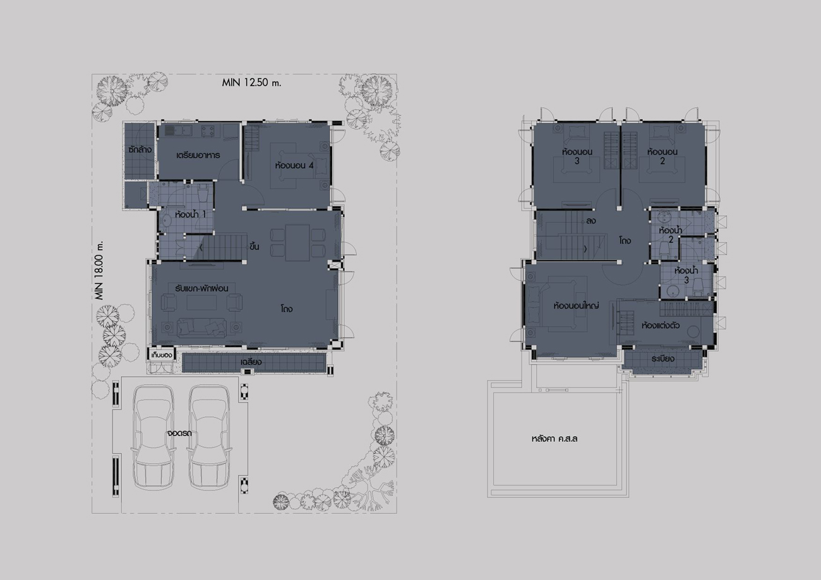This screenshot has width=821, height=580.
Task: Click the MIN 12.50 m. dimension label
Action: [251, 83]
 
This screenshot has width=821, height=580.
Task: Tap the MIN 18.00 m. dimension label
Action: [99, 270]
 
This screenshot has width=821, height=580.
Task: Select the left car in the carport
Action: [153, 437]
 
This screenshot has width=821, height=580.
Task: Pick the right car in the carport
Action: [209, 437]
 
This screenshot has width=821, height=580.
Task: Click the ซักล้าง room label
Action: [140, 150]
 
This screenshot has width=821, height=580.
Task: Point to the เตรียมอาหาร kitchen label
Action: [198, 155]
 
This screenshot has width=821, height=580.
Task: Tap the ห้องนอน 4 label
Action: [294, 165]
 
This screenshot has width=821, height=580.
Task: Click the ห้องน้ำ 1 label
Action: [190, 215]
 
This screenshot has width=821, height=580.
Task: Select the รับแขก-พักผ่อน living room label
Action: [201, 288]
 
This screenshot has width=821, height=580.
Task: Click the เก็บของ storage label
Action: [162, 355]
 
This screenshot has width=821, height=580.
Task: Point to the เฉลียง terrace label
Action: [251, 362]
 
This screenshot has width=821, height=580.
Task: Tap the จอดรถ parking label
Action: [179, 433]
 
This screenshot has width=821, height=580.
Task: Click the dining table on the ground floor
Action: [297, 242]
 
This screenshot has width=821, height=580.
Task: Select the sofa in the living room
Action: [201, 328]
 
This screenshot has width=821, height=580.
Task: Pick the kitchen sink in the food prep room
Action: [176, 131]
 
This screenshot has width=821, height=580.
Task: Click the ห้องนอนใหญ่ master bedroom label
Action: [576, 305]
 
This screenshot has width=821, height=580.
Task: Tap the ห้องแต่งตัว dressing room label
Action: [661, 325]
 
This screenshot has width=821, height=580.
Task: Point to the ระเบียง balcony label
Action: [663, 359]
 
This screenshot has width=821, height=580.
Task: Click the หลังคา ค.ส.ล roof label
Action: [554, 439]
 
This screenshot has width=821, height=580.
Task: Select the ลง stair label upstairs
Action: [591, 221]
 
